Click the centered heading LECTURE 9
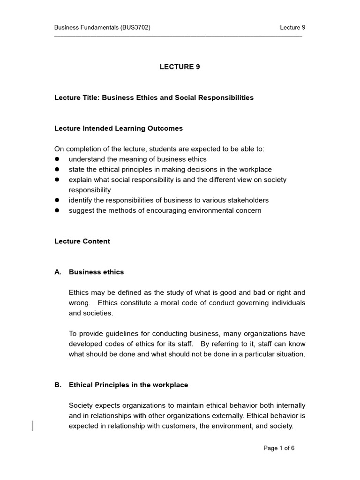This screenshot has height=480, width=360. [x=180, y=67]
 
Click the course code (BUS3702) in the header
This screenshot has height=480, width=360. [x=135, y=28]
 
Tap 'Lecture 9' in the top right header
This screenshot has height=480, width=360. [x=292, y=28]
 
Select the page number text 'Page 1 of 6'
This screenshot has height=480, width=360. [x=279, y=448]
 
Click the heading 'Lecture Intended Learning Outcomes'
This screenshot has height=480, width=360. [x=119, y=128]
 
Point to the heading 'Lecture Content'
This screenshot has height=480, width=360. [x=82, y=241]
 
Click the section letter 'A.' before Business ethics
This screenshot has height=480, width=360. [x=58, y=272]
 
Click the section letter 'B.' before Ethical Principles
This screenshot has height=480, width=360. [x=58, y=385]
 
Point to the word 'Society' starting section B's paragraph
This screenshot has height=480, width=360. [x=81, y=405]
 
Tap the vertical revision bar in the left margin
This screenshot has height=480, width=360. [x=33, y=426]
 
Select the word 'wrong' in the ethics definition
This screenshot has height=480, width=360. [x=79, y=303]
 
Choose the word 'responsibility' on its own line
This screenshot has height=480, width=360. [x=90, y=190]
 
